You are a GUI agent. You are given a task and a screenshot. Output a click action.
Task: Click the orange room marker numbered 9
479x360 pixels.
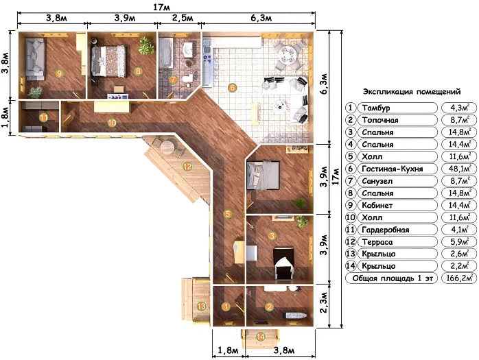tap(59, 73)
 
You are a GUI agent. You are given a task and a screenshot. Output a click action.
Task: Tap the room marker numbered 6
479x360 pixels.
tap(232, 88)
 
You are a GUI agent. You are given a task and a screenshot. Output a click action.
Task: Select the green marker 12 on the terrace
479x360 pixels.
tap(187, 167)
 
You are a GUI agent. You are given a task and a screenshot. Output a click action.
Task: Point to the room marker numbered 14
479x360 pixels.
tap(260, 337)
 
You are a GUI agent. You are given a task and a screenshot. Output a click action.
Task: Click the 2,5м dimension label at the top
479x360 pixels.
tap(183, 18)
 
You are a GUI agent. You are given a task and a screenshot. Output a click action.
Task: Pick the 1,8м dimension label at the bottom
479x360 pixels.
tap(228, 350)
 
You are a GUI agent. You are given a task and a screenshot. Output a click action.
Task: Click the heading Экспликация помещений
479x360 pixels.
tap(412, 92)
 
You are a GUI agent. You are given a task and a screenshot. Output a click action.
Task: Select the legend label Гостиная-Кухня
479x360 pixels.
tap(393, 169)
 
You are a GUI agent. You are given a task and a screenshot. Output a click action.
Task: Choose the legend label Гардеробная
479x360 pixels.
tap(385, 230)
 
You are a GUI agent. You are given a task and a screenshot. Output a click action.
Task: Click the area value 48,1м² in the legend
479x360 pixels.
tap(460, 169)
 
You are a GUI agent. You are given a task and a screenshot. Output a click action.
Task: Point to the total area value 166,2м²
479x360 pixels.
tap(460, 278)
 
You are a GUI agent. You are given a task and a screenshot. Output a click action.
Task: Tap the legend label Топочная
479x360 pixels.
tap(380, 120)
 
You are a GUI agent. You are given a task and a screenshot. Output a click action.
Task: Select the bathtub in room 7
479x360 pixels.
tap(165, 53)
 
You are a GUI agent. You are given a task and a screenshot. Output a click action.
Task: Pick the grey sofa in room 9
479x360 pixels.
tap(35, 58)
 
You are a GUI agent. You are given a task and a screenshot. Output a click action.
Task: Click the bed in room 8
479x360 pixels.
tap(108, 61)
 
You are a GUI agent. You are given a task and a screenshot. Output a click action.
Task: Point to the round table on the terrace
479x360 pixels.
tap(167, 147)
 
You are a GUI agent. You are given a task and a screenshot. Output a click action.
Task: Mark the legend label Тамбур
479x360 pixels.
tap(376, 108)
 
